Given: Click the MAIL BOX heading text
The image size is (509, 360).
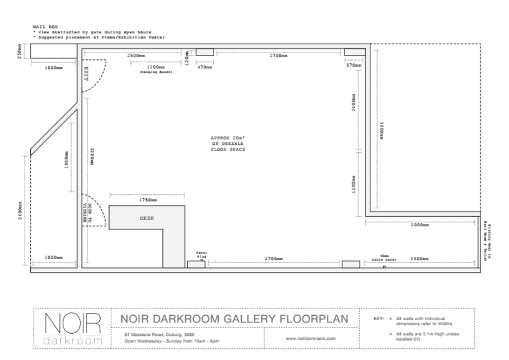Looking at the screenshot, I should click(45, 26).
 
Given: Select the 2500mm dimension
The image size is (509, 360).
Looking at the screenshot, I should click(136, 56).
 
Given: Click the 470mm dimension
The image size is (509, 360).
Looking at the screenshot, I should click(205, 67).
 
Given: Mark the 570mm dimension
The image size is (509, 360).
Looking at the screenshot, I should click(354, 66).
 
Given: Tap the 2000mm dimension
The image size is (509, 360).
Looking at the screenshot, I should click(420, 225).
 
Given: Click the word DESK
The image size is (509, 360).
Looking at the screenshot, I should click(147, 218).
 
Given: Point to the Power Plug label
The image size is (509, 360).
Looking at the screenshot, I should click(201, 254).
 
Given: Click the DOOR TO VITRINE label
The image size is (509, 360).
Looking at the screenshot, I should click(87, 213).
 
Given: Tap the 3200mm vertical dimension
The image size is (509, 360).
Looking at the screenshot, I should click(92, 156).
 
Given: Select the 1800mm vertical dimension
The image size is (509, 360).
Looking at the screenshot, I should click(65, 160).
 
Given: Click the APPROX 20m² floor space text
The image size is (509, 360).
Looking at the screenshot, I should click(228, 144).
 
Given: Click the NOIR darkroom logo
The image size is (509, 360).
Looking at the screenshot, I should click(73, 328).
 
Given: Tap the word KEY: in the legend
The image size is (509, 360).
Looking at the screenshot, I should click(378, 319).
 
